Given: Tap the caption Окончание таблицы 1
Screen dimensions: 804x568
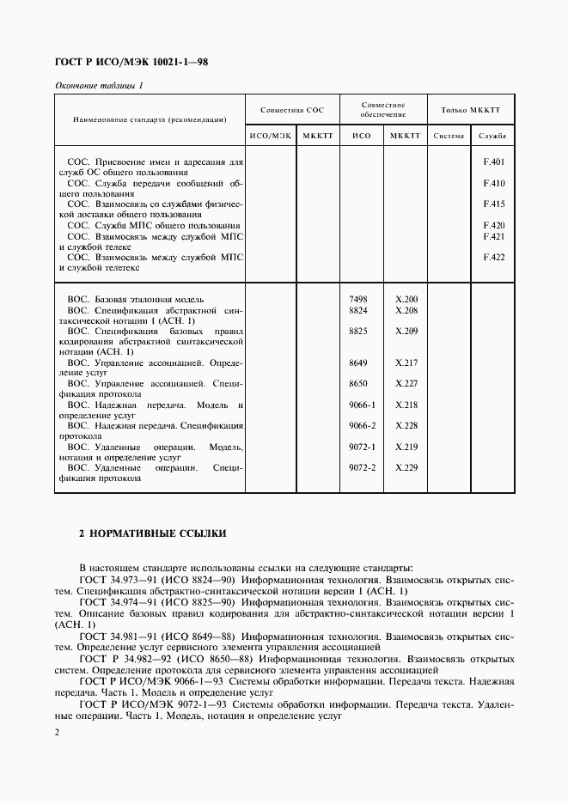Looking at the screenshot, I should pyautogui.click(x=99, y=85).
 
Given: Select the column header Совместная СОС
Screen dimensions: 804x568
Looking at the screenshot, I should pyautogui.click(x=292, y=110).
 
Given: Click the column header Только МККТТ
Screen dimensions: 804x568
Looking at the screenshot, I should pyautogui.click(x=470, y=110).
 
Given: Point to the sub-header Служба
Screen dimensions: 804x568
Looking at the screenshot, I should pyautogui.click(x=492, y=136).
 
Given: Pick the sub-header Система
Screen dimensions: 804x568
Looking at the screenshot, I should pyautogui.click(x=448, y=136).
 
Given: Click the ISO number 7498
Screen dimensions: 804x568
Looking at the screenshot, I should pyautogui.click(x=358, y=298).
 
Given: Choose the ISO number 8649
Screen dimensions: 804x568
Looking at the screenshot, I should pyautogui.click(x=358, y=362).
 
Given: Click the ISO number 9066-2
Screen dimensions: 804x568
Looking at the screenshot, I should pyautogui.click(x=363, y=425).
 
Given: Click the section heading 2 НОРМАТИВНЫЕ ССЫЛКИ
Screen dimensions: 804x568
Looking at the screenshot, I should pyautogui.click(x=152, y=533).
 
